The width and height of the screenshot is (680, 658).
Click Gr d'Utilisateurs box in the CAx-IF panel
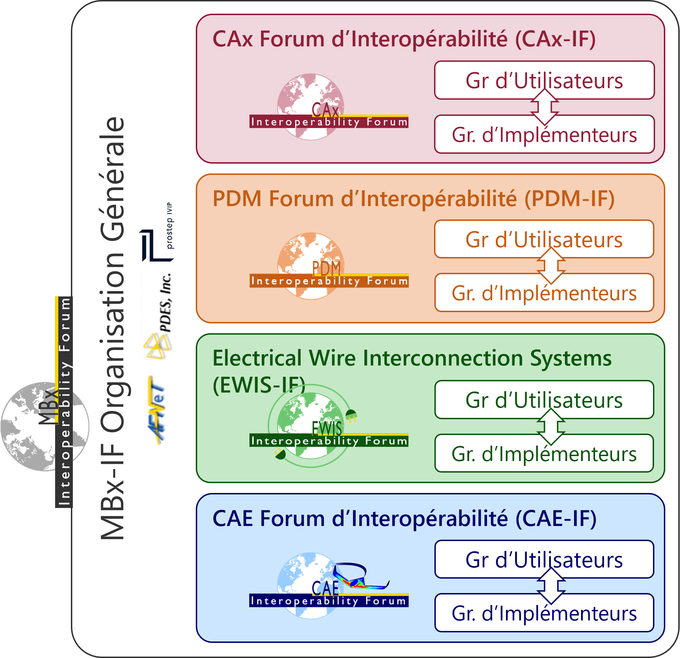(544, 80)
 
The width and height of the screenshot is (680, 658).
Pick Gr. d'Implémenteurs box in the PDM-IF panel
(544, 293)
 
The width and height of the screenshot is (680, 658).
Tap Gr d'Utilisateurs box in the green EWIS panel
(544, 400)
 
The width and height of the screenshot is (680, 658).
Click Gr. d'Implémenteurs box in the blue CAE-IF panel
(544, 613)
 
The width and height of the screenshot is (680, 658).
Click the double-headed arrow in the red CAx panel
(544, 107)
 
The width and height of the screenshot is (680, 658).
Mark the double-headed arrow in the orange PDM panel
(551, 266)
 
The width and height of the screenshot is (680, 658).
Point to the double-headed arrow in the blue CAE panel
(551, 586)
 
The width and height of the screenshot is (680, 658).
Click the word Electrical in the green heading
(257, 358)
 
